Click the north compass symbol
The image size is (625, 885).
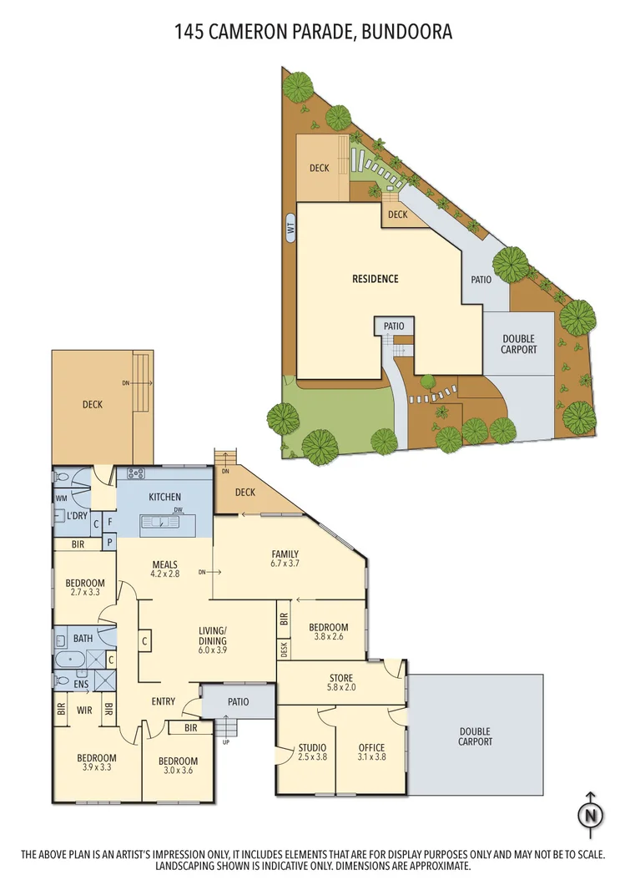coord(591,815)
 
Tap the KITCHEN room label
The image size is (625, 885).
coord(164,498)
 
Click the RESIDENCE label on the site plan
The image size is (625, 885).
coord(375,279)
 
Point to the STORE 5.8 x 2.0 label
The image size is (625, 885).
coord(340,683)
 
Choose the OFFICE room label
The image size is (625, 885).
coord(371,752)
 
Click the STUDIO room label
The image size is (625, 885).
coord(312,752)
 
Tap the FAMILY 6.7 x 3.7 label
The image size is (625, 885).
coord(285,559)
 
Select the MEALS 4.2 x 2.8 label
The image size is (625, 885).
coord(164,569)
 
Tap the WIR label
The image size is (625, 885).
coord(83,711)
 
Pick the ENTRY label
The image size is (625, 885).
coord(164,701)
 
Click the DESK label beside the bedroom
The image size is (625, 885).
coord(285,649)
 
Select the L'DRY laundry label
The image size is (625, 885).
coord(78,516)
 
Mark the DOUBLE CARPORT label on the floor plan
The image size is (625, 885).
coord(475,736)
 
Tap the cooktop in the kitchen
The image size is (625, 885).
coord(136,473)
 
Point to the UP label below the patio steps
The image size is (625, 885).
coord(225,741)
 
